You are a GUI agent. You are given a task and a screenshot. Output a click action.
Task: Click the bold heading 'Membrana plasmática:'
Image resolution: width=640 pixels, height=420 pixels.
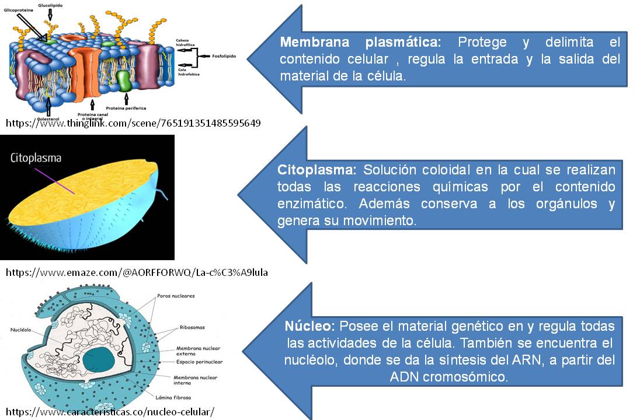point(360,43)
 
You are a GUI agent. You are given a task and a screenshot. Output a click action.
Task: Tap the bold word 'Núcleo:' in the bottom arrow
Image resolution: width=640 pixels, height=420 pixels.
point(309,326)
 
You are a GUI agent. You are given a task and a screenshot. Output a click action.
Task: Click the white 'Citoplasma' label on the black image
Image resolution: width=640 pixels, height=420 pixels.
point(36,157)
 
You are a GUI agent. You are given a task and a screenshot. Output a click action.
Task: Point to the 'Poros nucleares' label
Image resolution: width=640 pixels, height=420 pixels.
point(176,296)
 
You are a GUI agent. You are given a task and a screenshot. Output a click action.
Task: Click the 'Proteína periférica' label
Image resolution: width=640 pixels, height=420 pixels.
point(126,108)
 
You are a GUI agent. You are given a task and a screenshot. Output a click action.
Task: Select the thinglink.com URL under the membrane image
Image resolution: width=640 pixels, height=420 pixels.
point(133,123)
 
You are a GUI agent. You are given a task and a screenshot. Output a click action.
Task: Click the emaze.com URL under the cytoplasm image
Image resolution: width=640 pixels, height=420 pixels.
point(137,272)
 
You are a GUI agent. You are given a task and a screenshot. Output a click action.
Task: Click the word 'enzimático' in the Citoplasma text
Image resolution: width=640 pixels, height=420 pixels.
point(308,204)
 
